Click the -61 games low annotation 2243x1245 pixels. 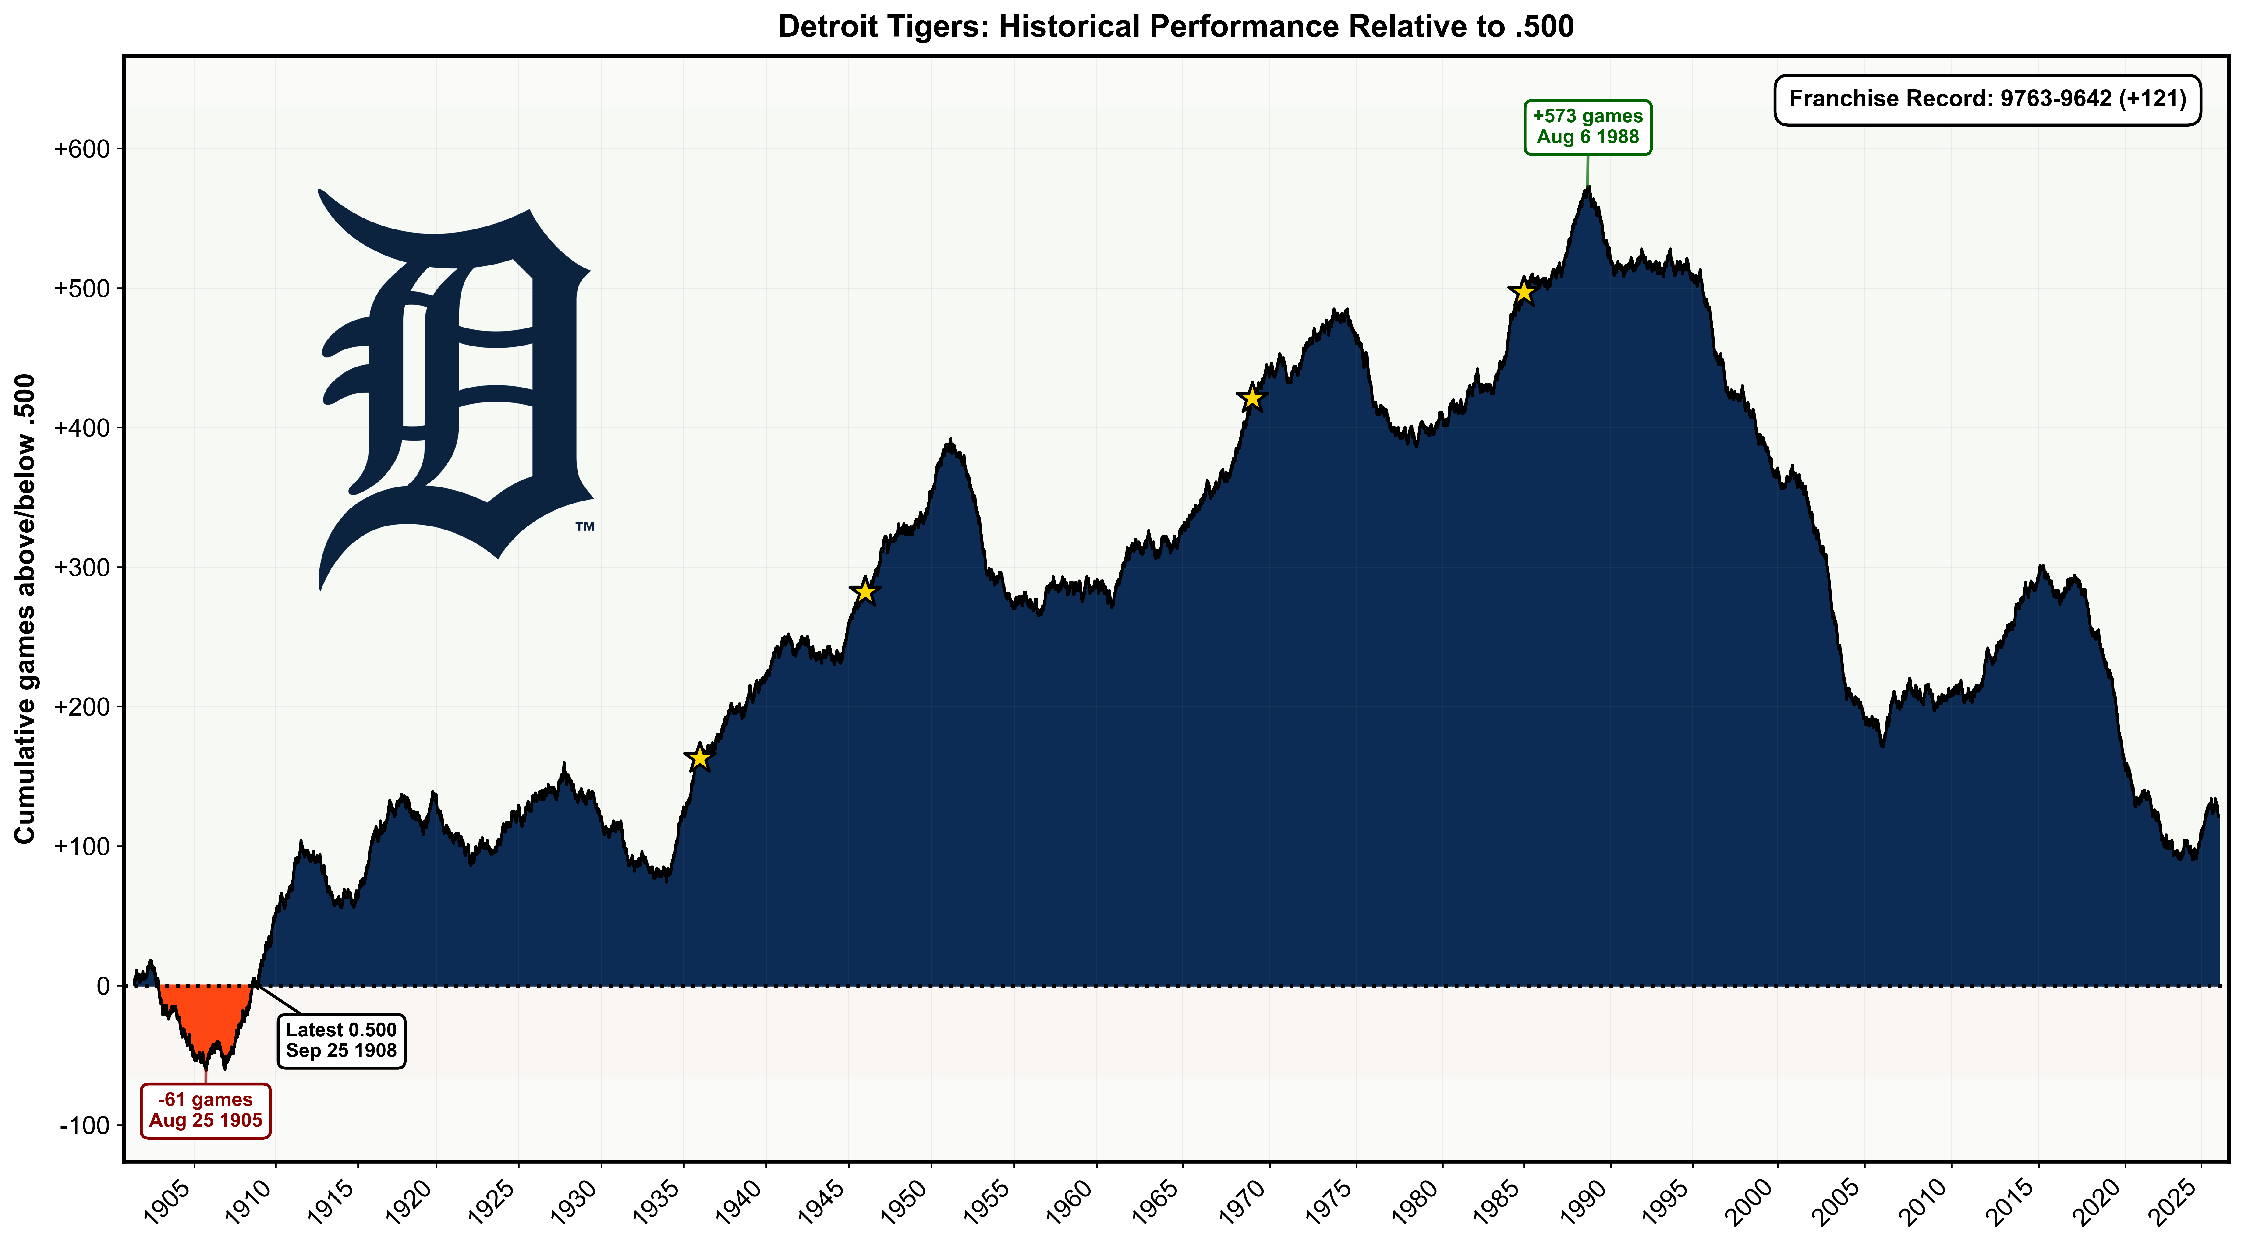tap(206, 1110)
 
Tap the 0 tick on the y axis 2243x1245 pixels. tap(104, 986)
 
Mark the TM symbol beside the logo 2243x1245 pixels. tap(584, 527)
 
